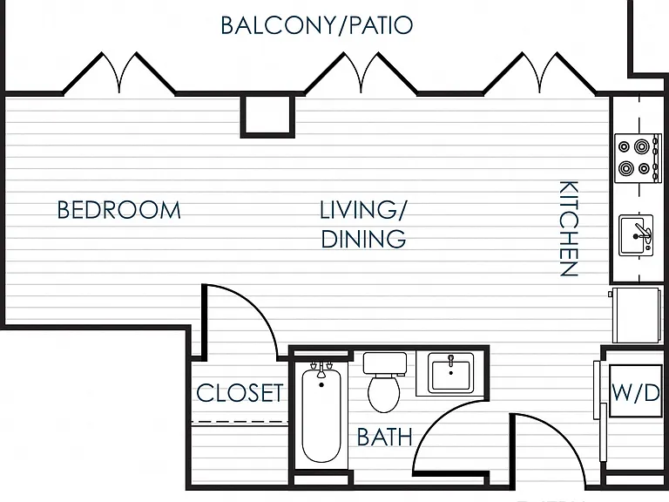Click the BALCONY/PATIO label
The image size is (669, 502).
316,25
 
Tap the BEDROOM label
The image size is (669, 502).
119,210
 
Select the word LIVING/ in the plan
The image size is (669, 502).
363,209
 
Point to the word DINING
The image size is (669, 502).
363,239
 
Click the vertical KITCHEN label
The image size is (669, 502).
569,228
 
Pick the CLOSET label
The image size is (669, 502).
240,393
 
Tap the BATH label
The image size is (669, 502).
385,437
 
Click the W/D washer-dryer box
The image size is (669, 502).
636,391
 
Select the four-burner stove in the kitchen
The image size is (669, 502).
638,159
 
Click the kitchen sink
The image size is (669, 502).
636,235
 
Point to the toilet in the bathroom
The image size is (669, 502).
384,382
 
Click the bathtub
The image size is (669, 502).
321,413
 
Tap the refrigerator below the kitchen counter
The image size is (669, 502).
636,315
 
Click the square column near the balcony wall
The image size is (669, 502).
267,116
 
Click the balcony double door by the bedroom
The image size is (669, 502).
119,73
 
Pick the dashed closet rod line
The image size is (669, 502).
240,423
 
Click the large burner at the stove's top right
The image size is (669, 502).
641,146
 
